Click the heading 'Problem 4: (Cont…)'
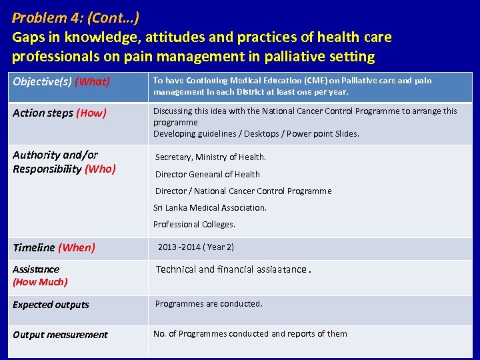pos(76,17)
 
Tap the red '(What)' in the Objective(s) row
pos(92,82)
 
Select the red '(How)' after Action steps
pos(91,113)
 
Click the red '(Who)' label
pos(100,169)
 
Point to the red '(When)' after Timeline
pos(77,247)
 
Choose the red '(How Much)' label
pos(40,282)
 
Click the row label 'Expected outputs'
pos(51,305)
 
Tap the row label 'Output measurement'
pos(60,335)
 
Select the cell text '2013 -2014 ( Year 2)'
pos(196,247)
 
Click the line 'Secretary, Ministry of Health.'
pos(211,157)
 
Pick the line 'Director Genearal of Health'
pos(207,174)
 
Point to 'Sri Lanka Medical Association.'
pos(210,207)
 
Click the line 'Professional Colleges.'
pos(194,224)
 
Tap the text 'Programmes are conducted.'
pos(209,303)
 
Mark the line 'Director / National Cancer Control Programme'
pos(243,191)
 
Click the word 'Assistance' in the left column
pos(36,269)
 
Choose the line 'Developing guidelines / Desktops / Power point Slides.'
pos(256,133)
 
